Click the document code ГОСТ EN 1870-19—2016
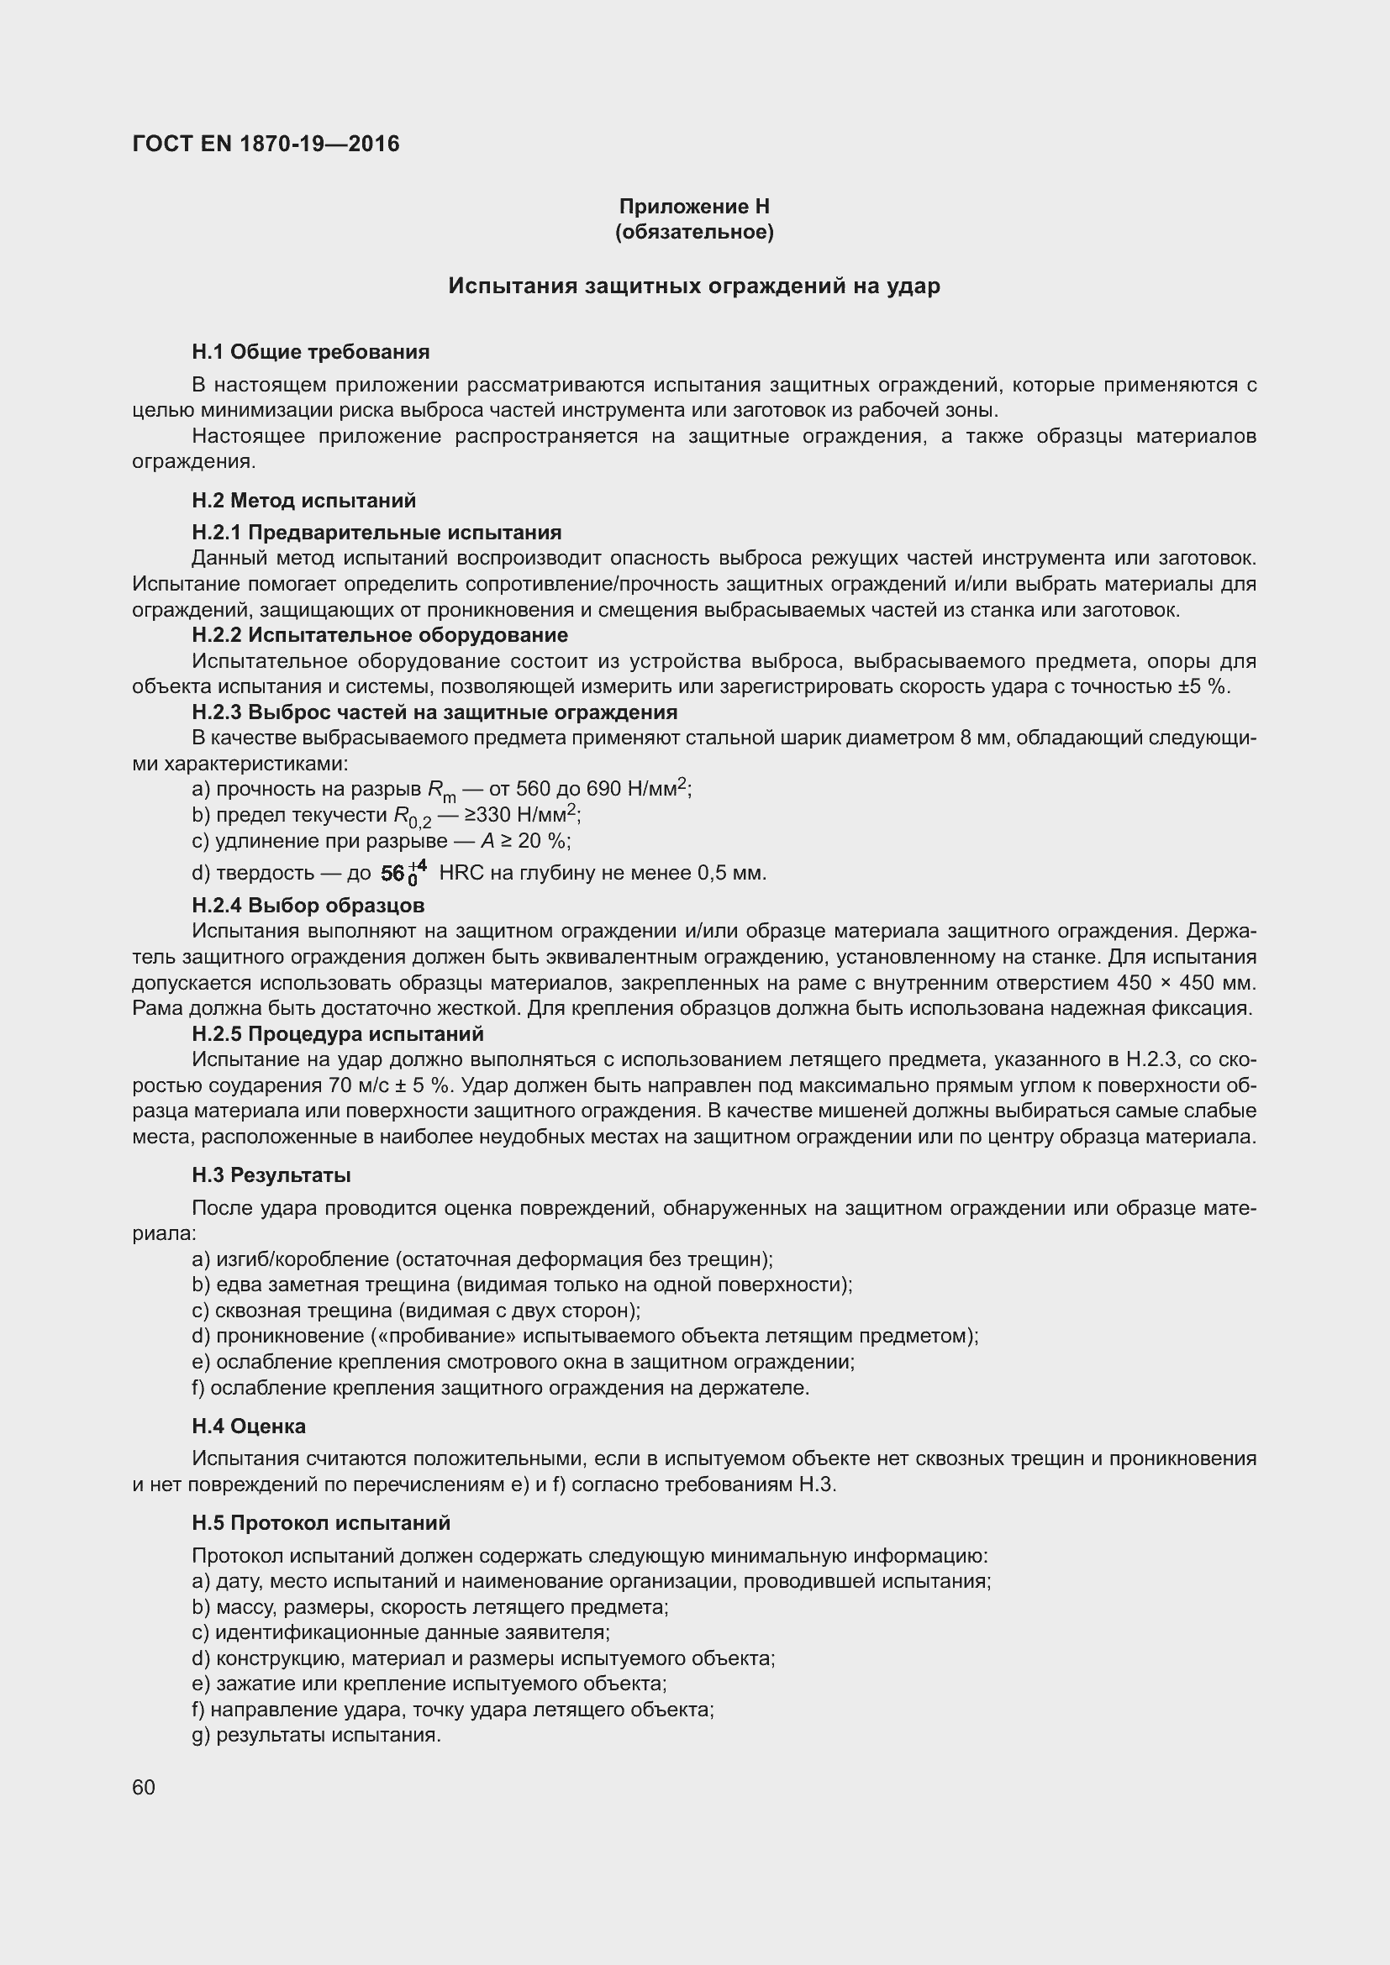[266, 144]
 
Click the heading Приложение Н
[694, 207]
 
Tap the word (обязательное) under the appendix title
[694, 232]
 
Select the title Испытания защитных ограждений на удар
[694, 286]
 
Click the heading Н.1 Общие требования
[311, 352]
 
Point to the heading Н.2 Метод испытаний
[304, 500]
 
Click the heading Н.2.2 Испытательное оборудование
[380, 635]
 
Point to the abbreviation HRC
[461, 873]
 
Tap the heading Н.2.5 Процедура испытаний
[337, 1034]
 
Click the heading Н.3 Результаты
[271, 1175]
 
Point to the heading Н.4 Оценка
[248, 1426]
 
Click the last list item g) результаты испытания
[317, 1736]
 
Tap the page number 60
[144, 1788]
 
